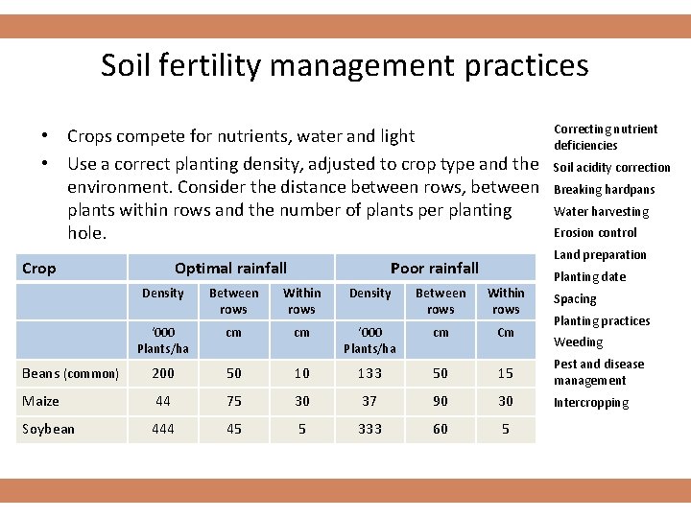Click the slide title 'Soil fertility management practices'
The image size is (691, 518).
pyautogui.click(x=345, y=65)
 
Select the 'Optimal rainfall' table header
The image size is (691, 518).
pyautogui.click(x=230, y=269)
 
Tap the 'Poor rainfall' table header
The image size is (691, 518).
pyautogui.click(x=434, y=269)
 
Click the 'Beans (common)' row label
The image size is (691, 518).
pyautogui.click(x=71, y=373)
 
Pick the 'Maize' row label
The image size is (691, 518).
pyautogui.click(x=41, y=401)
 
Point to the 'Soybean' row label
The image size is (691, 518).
pyautogui.click(x=48, y=429)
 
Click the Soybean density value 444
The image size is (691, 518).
pyautogui.click(x=163, y=429)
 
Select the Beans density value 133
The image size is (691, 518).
pyautogui.click(x=369, y=373)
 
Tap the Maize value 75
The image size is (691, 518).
pyautogui.click(x=233, y=401)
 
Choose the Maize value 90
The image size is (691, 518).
pyautogui.click(x=441, y=401)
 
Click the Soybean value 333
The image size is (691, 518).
pyautogui.click(x=369, y=429)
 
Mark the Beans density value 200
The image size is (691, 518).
pyautogui.click(x=163, y=373)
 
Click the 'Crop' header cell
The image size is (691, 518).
pyautogui.click(x=39, y=269)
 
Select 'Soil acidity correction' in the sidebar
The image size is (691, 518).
pyautogui.click(x=612, y=168)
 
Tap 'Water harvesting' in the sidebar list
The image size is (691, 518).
pyautogui.click(x=602, y=212)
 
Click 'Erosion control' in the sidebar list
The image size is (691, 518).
pyautogui.click(x=595, y=233)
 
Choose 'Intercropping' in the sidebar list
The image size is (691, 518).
pyautogui.click(x=591, y=403)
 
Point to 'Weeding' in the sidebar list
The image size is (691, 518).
pyautogui.click(x=579, y=342)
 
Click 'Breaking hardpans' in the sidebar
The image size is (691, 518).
pyautogui.click(x=605, y=190)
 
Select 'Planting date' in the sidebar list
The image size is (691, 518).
pyautogui.click(x=589, y=277)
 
